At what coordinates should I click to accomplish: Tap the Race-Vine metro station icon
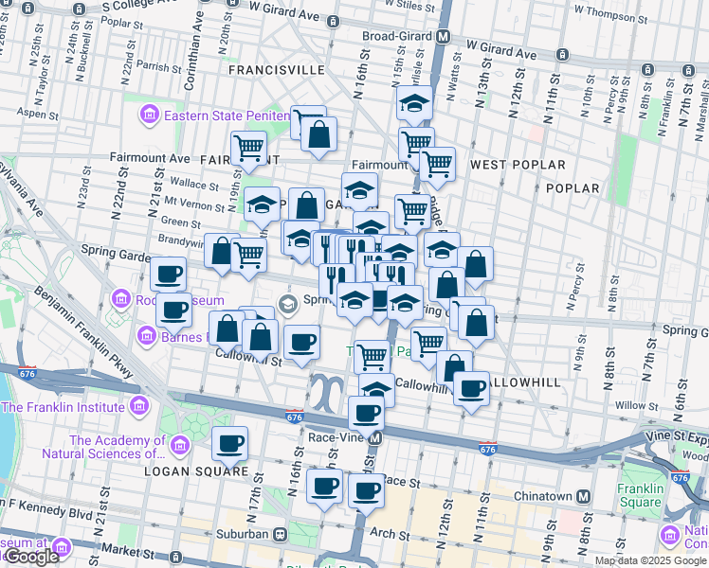point(376,439)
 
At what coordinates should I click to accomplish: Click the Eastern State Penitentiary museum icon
point(149,116)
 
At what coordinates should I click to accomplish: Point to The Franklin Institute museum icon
point(139,407)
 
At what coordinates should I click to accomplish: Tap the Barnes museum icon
point(147,335)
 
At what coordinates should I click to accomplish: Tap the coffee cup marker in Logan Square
point(229,442)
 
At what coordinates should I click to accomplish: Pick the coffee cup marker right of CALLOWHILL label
point(470,387)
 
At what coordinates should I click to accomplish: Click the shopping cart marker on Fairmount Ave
point(248,148)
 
